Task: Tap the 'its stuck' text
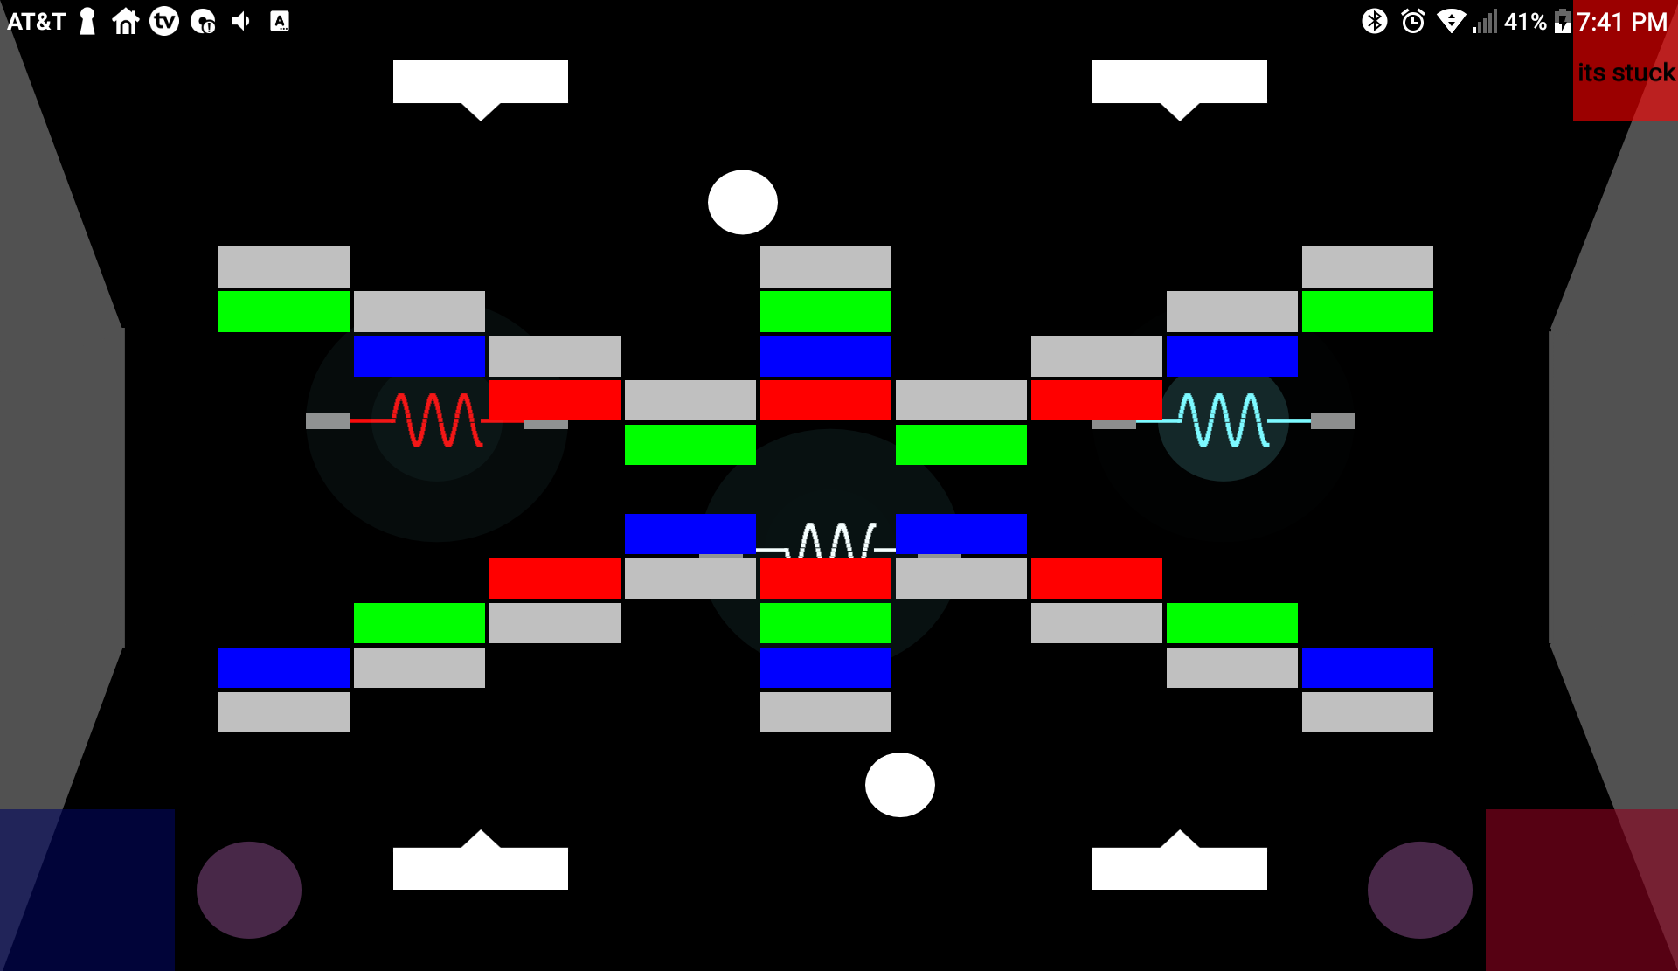(x=1626, y=73)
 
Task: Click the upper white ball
(x=742, y=202)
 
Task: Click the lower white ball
(x=899, y=785)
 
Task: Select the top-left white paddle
(x=480, y=82)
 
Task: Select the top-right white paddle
(x=1179, y=82)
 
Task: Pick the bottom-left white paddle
(x=480, y=867)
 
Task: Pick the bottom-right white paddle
(x=1179, y=867)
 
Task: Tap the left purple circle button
(x=249, y=890)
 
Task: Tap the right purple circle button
(x=1419, y=890)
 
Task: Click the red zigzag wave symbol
(x=437, y=420)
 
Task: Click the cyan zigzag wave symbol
(x=1224, y=420)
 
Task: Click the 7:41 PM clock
(x=1622, y=22)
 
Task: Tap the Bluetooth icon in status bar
(x=1374, y=21)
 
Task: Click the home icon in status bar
(x=126, y=21)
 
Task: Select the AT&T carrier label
(x=36, y=21)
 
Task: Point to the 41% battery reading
(x=1525, y=22)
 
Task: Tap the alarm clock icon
(x=1412, y=21)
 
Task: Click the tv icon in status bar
(x=164, y=21)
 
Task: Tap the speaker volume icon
(x=241, y=21)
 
